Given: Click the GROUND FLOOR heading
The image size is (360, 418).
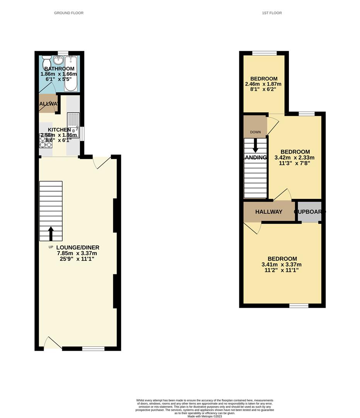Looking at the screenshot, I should click(x=69, y=13).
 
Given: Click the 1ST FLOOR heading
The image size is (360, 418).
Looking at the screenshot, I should click(x=272, y=13).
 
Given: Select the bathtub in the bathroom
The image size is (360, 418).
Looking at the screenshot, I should click(x=71, y=73).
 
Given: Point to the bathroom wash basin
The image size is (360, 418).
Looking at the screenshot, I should click(x=58, y=60).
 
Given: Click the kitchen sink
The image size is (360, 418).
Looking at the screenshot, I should click(x=73, y=120).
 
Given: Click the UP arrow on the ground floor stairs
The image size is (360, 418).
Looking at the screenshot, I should click(x=51, y=233).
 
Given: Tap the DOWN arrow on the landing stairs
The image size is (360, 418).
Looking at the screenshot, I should click(x=255, y=146).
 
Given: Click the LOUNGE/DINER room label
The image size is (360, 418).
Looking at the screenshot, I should click(x=78, y=247).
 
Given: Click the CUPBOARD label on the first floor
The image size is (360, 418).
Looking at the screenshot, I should click(x=310, y=212).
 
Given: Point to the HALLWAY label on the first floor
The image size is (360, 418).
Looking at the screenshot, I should click(x=269, y=212).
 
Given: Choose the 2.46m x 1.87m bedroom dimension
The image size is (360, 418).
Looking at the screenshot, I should click(x=263, y=84).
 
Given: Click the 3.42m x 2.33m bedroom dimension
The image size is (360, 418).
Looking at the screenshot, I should click(x=295, y=158).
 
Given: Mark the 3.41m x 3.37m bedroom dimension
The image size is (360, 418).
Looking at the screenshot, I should click(x=282, y=265).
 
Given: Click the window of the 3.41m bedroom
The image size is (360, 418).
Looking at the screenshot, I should click(x=299, y=305).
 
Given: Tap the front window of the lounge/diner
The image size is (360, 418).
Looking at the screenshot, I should click(x=93, y=349).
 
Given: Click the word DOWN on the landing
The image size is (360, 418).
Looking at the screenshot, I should click(x=255, y=132).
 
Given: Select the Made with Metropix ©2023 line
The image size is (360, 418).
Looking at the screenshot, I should click(x=205, y=416).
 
